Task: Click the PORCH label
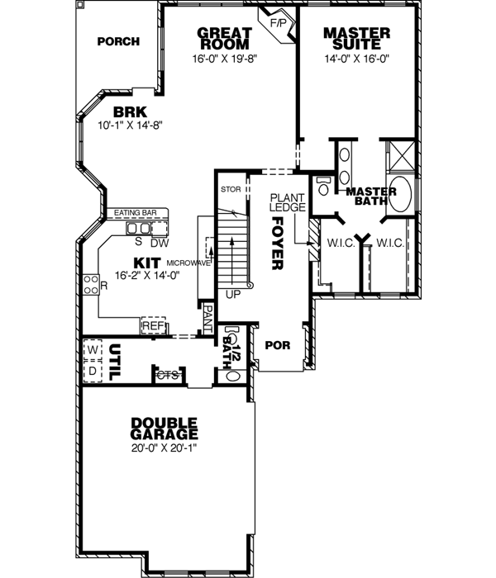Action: click(117, 42)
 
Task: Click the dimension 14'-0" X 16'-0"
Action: click(357, 59)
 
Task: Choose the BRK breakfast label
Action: click(131, 111)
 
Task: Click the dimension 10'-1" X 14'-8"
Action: click(131, 126)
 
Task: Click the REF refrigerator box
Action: click(153, 326)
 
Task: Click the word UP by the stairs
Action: click(233, 293)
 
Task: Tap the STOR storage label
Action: click(230, 190)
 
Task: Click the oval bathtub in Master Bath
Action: click(402, 191)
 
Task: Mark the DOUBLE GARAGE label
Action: click(164, 428)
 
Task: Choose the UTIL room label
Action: click(117, 361)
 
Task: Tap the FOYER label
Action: click(277, 244)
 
